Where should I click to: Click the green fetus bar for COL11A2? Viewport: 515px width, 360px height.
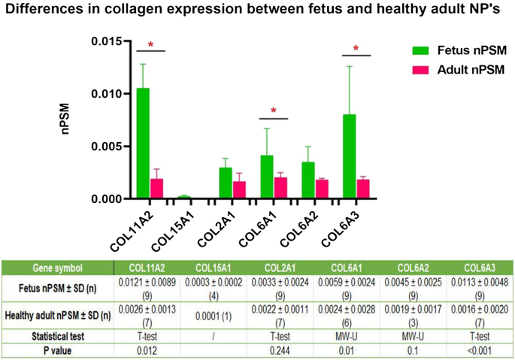pyautogui.click(x=142, y=144)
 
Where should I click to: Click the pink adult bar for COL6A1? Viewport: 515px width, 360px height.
pyautogui.click(x=280, y=188)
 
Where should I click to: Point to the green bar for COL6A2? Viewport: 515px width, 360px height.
pyautogui.click(x=307, y=180)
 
